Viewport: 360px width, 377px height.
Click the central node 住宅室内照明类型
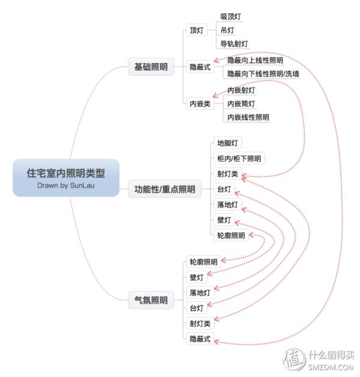coord(66,178)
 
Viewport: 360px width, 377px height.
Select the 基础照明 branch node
coord(151,67)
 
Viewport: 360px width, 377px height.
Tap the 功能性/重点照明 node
coord(164,189)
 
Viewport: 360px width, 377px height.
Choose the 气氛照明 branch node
coord(151,300)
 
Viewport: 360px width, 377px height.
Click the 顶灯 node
coord(197,30)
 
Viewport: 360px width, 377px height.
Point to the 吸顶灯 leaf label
coord(231,17)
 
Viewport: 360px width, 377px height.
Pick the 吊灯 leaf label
coord(227,30)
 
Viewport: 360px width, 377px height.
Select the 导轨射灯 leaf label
coord(234,44)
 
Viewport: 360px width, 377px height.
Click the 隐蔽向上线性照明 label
coord(255,61)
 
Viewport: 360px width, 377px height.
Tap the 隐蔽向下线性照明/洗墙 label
coord(263,74)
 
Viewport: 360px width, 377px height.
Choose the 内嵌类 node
coord(200,104)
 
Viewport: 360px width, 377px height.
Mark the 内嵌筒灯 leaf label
coord(241,104)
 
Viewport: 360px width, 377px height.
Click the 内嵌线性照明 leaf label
coord(248,117)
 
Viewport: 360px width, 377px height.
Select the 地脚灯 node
coord(227,143)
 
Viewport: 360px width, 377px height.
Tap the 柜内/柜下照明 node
coord(239,158)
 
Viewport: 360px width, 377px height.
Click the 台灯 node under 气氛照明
coord(197,308)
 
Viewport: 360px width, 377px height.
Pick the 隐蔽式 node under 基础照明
coord(200,67)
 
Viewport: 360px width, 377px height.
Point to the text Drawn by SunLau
coord(66,185)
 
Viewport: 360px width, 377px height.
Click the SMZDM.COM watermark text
coord(331,367)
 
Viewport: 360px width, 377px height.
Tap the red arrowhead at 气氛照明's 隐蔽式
coord(216,342)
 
